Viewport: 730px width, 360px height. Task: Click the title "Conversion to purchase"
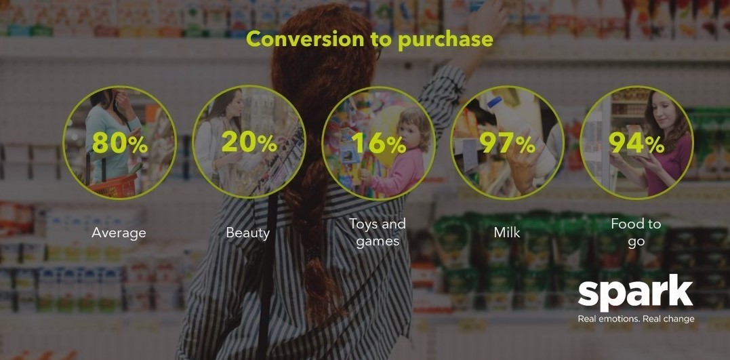(x=369, y=39)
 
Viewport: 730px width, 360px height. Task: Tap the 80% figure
(x=120, y=143)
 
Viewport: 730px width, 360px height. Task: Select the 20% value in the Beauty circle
(x=249, y=142)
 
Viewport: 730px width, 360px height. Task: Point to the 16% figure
(x=379, y=143)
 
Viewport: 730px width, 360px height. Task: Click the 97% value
(x=508, y=143)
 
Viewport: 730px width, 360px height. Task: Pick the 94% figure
(x=636, y=143)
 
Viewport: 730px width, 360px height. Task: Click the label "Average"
(x=119, y=233)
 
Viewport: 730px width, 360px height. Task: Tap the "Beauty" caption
(x=247, y=233)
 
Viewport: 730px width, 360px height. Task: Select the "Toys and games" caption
(x=378, y=233)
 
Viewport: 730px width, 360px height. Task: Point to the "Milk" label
(x=507, y=232)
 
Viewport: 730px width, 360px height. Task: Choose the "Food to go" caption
(x=636, y=233)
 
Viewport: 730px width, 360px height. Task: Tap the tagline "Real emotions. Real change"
(x=636, y=319)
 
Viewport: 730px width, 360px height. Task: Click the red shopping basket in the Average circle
(x=113, y=186)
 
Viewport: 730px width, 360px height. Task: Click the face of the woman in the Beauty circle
(x=235, y=106)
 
